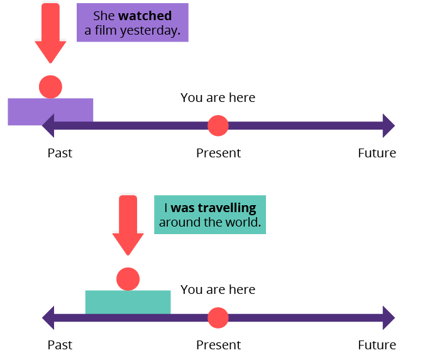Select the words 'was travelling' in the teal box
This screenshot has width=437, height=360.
[214, 208]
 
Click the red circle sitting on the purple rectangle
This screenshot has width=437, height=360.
[50, 86]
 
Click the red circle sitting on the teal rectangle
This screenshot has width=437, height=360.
[128, 278]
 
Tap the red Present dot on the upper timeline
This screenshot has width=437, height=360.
[218, 126]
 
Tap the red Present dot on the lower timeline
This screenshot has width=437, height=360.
[218, 317]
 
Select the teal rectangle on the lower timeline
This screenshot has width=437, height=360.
[128, 301]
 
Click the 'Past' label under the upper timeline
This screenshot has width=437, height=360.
[60, 153]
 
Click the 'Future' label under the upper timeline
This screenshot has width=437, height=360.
[377, 153]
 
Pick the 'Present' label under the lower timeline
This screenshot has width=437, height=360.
[218, 345]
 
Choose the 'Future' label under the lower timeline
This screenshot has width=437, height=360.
[377, 345]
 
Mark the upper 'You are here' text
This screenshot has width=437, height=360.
[218, 98]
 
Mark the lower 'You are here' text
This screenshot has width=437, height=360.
[218, 290]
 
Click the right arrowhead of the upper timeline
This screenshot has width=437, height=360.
[389, 126]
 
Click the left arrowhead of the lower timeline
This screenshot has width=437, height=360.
[48, 317]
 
